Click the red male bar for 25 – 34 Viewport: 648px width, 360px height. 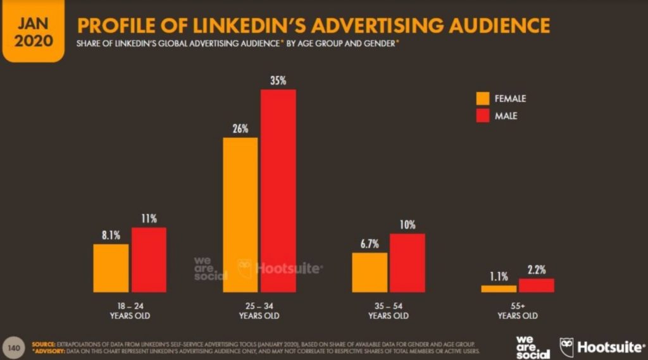278,190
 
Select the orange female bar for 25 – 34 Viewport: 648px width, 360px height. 240,214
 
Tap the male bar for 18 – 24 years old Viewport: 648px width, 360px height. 149,259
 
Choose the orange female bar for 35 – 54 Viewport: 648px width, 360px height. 370,272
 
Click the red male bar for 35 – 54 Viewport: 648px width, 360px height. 407,263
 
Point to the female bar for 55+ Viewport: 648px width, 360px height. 498,289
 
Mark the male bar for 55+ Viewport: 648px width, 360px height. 536,285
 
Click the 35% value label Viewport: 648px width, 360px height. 278,80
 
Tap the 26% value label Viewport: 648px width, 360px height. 240,128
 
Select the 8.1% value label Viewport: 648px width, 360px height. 111,235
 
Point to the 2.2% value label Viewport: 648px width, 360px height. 537,270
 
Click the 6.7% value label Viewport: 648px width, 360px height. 370,244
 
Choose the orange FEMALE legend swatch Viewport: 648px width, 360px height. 483,99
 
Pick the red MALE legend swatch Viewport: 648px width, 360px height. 483,116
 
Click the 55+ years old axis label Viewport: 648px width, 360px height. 517,311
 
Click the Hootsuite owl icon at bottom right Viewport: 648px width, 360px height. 567,347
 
